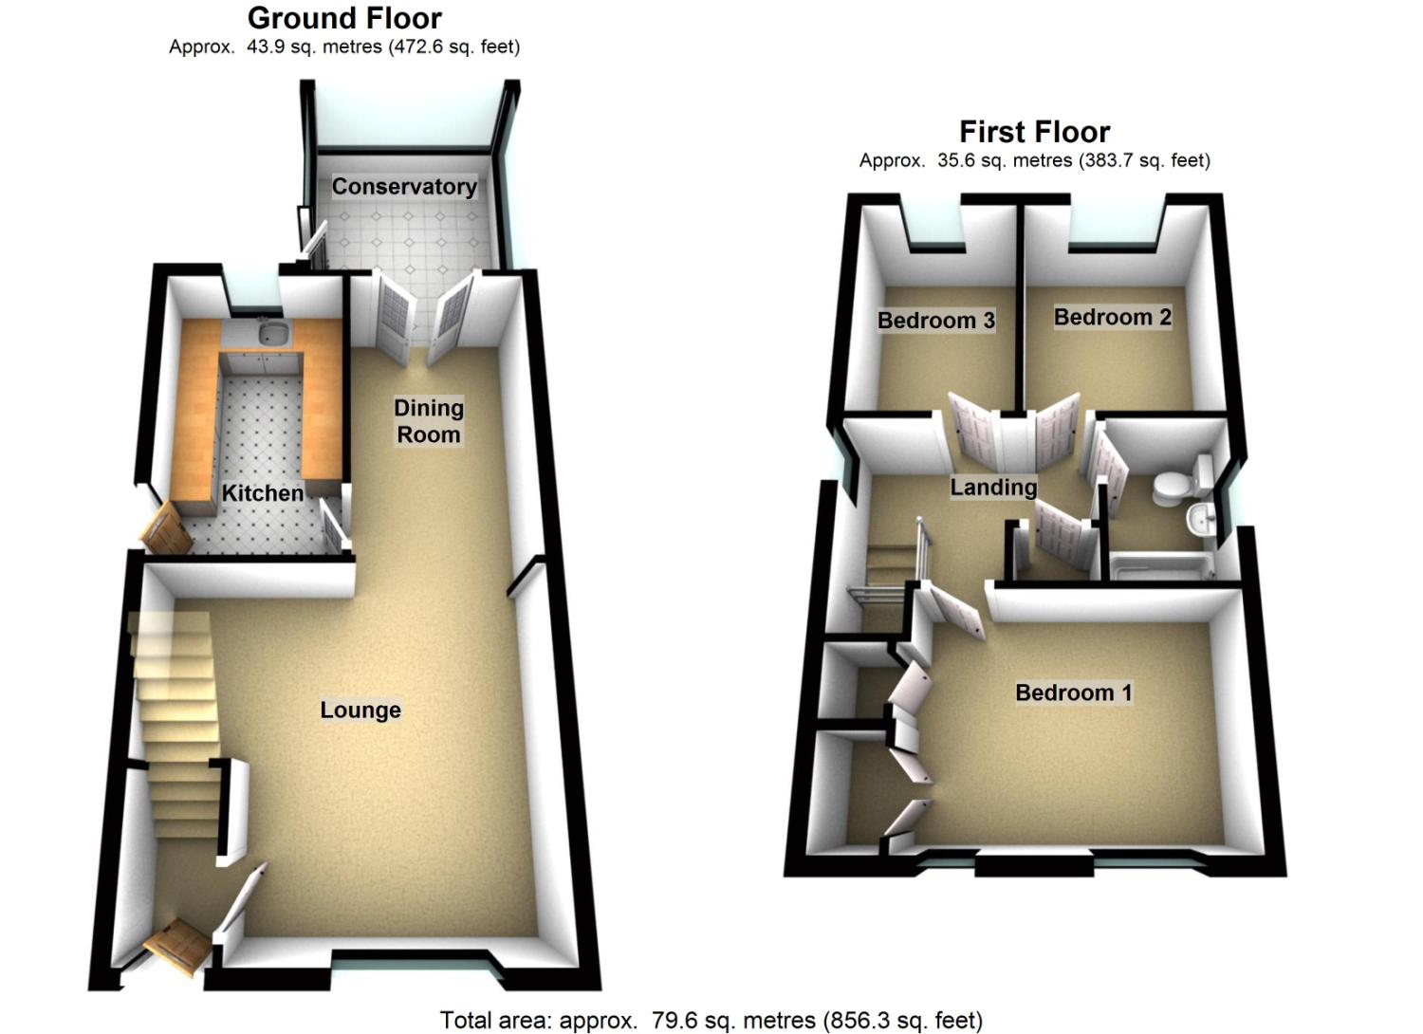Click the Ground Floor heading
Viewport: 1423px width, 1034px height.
pyautogui.click(x=344, y=18)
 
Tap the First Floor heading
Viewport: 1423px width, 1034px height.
pyautogui.click(x=1034, y=131)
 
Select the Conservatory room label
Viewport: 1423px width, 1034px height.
pyautogui.click(x=404, y=187)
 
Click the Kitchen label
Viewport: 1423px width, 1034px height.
pyautogui.click(x=263, y=493)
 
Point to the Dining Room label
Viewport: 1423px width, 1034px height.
pyautogui.click(x=429, y=421)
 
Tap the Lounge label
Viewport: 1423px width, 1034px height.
pyautogui.click(x=360, y=711)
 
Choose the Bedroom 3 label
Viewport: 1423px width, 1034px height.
pyautogui.click(x=936, y=321)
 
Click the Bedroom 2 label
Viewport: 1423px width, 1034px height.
pyautogui.click(x=1113, y=317)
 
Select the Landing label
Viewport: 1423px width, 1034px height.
pyautogui.click(x=993, y=488)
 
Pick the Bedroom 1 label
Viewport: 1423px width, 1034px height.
pyautogui.click(x=1074, y=692)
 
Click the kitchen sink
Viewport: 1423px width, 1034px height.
pyautogui.click(x=273, y=333)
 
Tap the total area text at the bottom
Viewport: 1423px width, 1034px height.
pyautogui.click(x=711, y=1021)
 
